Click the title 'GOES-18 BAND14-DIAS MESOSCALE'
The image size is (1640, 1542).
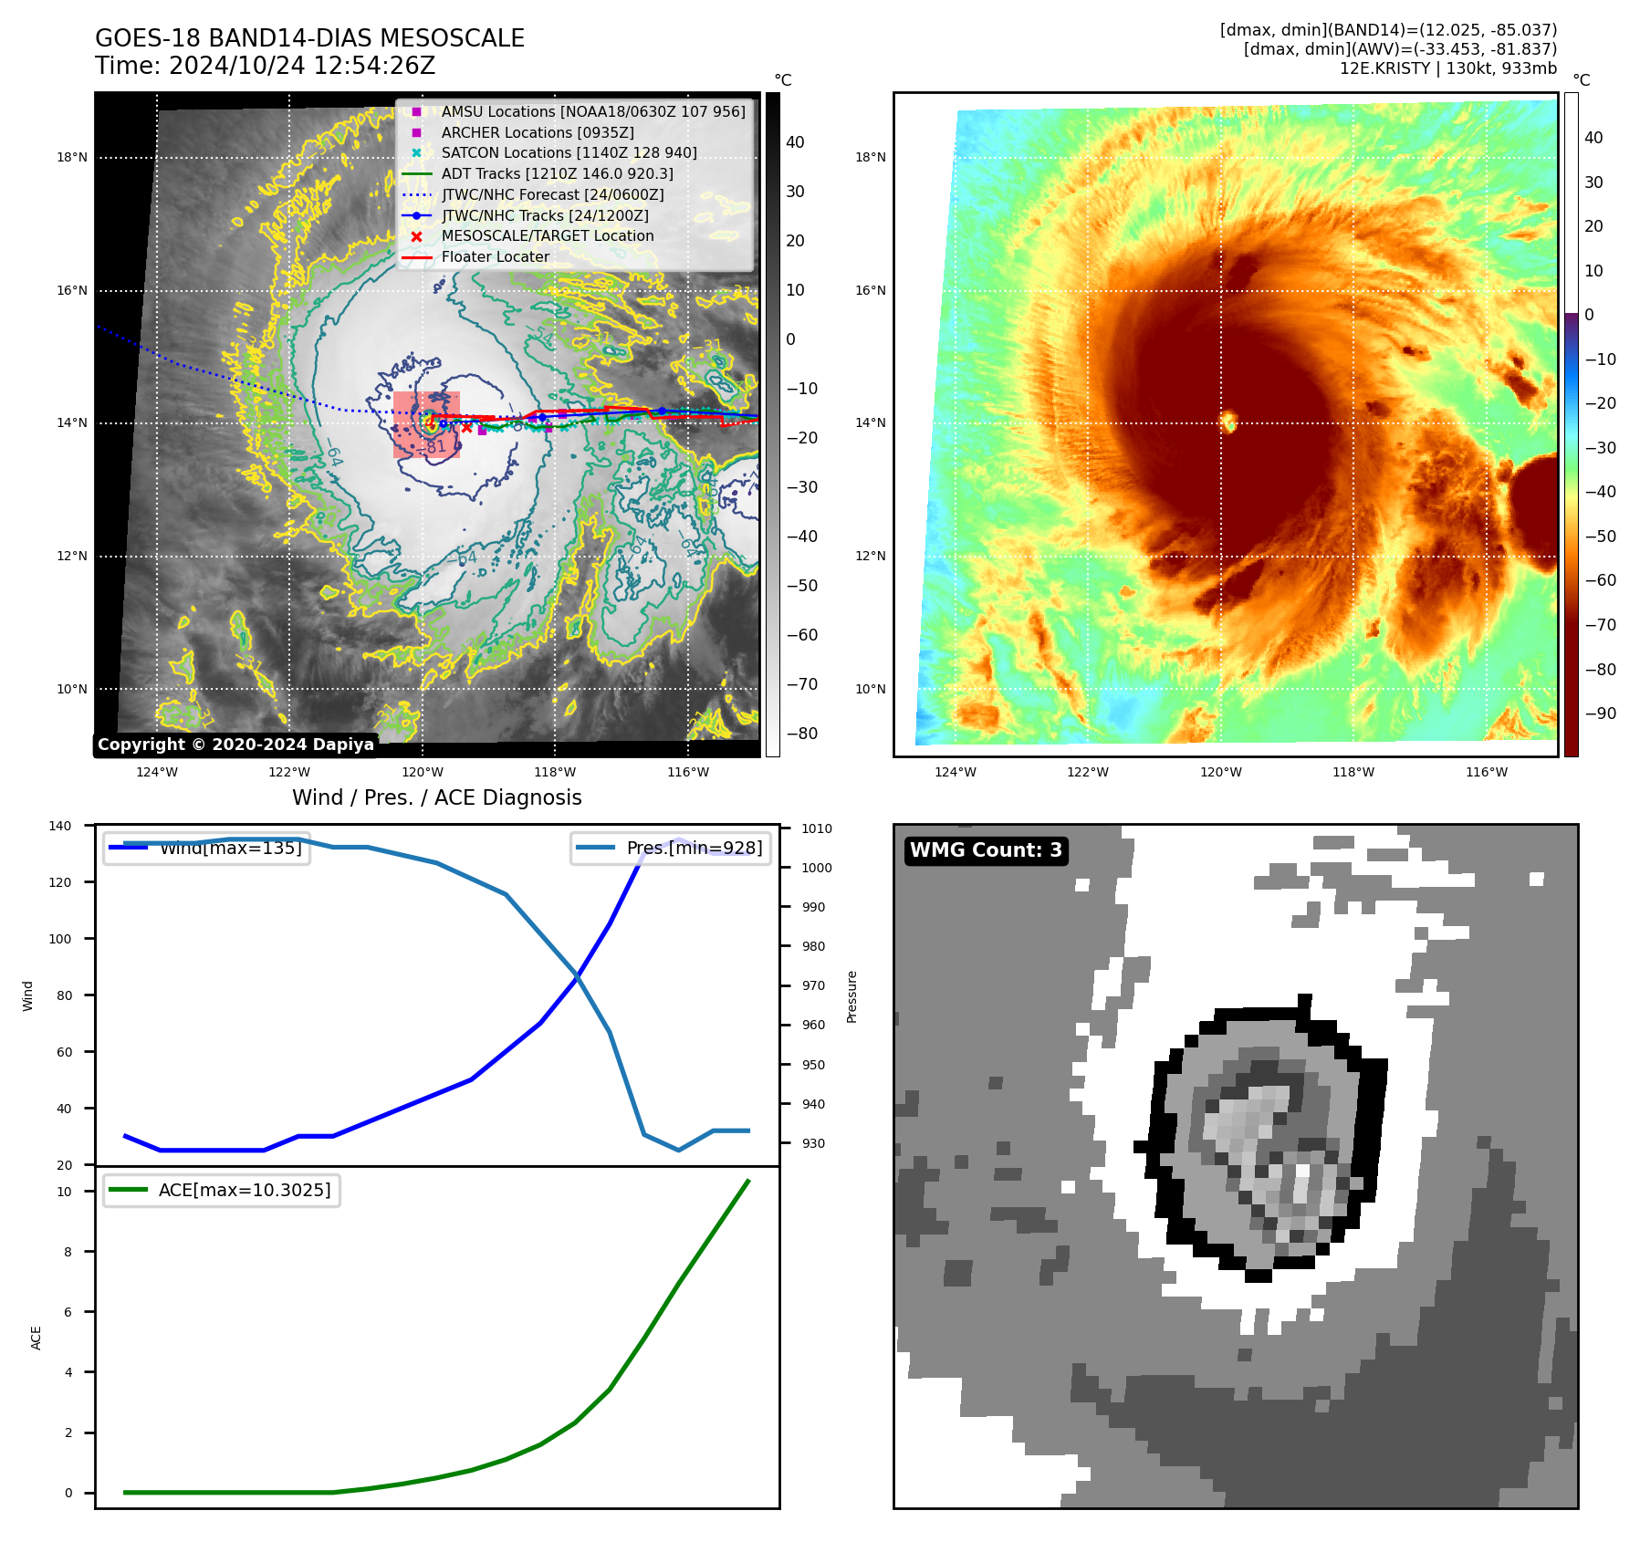309,38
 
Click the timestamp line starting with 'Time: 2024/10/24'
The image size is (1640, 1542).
265,66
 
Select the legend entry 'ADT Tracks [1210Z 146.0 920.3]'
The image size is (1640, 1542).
557,173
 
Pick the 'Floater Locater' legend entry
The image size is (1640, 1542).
495,256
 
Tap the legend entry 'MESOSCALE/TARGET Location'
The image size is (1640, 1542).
547,235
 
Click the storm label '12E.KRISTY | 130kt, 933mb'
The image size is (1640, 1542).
1447,68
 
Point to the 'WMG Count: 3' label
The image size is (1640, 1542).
986,850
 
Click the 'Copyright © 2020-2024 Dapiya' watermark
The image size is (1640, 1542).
235,745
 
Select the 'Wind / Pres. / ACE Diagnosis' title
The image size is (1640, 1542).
436,797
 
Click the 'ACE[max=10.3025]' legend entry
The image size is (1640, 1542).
244,1190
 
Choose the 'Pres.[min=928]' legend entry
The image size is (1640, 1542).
694,848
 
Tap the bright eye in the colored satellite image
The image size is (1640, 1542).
1228,421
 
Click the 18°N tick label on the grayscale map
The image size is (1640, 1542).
72,157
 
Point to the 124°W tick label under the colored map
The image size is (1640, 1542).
955,772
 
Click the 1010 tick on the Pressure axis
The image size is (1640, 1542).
817,828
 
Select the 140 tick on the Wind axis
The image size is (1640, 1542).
60,826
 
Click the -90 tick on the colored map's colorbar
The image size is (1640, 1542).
1600,714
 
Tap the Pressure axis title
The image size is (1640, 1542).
851,996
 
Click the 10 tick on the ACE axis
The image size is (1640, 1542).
64,1192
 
